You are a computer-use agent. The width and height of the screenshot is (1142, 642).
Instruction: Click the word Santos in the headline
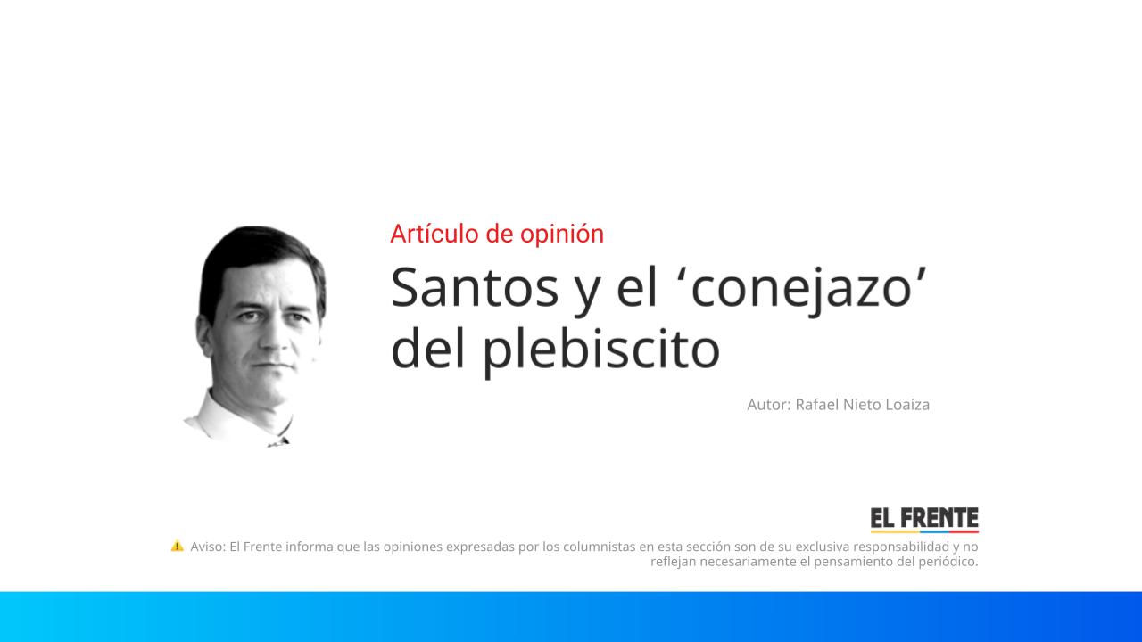(x=475, y=287)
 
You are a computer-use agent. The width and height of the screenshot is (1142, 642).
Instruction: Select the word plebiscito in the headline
(x=600, y=350)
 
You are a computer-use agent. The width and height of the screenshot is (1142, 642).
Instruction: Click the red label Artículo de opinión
(x=497, y=234)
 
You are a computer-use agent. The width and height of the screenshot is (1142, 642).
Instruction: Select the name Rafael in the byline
(x=818, y=405)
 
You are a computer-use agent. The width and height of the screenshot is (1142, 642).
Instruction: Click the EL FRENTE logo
(x=924, y=520)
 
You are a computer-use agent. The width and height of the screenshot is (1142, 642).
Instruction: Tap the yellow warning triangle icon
(x=177, y=546)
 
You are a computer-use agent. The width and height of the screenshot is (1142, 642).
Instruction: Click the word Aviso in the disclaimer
(x=207, y=547)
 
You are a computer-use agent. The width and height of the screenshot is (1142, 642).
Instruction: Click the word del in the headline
(x=429, y=350)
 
